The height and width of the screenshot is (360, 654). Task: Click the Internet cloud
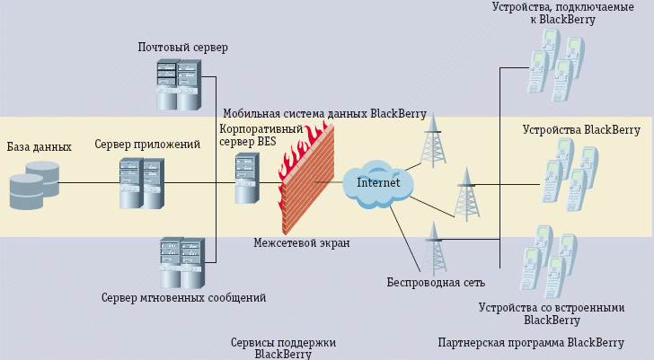coord(377,183)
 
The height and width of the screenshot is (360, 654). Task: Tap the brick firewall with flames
coord(306,180)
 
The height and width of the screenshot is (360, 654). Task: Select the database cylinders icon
coord(33,184)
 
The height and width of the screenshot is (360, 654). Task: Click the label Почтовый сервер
coord(183,47)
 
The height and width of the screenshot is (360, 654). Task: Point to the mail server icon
coord(177,84)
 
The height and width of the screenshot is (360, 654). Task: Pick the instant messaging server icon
coord(180,261)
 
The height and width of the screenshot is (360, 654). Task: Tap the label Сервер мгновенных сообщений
coord(183,297)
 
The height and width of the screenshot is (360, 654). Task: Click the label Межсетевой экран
coord(301,242)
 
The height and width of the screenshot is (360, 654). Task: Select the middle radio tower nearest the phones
coord(465,193)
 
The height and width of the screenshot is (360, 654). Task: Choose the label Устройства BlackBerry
coord(581,129)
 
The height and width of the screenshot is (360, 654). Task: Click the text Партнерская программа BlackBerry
coord(530,342)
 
